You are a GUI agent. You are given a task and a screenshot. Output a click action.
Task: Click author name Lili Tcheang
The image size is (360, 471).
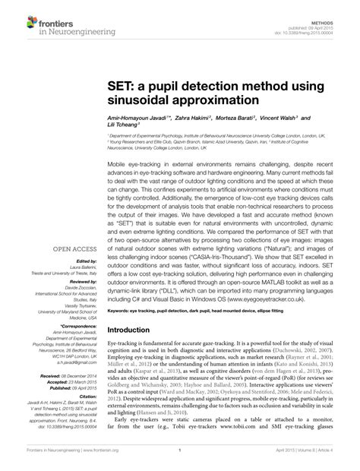tap(122, 128)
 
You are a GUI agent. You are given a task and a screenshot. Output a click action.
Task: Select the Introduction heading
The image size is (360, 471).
tap(135, 331)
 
